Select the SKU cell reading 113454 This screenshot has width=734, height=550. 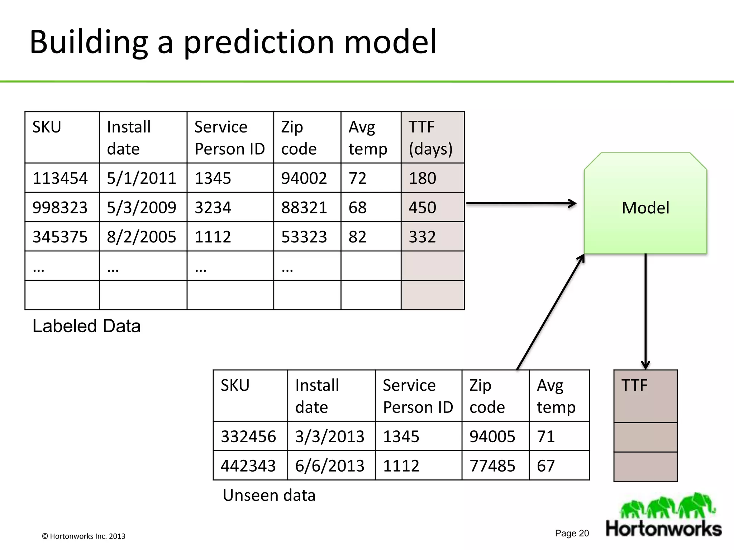point(60,178)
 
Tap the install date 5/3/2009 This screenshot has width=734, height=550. point(142,208)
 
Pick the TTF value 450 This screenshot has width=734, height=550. point(423,208)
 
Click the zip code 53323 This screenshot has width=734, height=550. point(304,237)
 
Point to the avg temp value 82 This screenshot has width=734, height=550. point(358,237)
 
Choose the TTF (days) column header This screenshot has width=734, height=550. point(431,138)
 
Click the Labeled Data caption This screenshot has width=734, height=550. point(86,326)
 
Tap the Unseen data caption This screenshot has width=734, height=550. point(269,496)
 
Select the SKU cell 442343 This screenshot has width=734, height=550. point(248,466)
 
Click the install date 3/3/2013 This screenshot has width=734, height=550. point(330,436)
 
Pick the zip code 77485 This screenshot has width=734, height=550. point(492,466)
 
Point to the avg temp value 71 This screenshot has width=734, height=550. point(546,436)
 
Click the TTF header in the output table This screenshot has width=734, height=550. point(635,386)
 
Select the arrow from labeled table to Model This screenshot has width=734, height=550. point(521,203)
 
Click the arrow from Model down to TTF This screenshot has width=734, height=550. point(645,312)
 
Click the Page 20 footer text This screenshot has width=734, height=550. point(572,533)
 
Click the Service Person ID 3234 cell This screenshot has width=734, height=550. point(213,208)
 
